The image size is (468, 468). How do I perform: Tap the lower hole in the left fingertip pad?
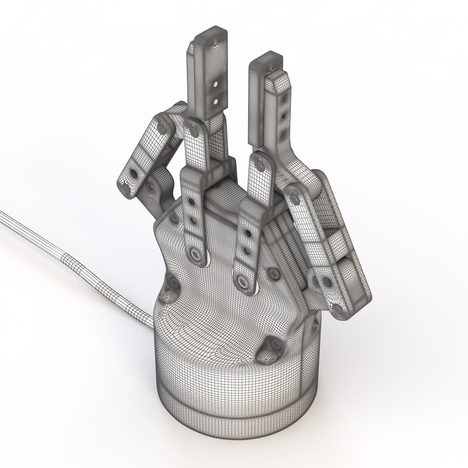pos(215,100)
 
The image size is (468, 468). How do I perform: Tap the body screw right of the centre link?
pos(275,274)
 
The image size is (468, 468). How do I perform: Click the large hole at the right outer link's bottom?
pos(326,281)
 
